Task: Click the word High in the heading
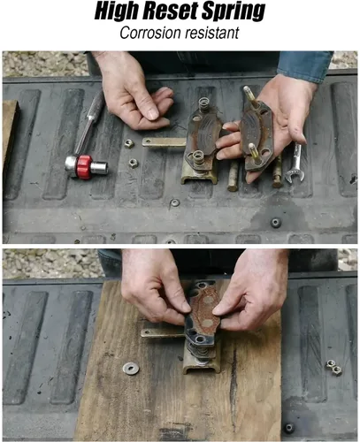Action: pos(118,11)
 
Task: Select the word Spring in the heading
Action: pos(234,11)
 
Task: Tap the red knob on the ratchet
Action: pos(85,167)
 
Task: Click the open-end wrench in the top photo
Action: pos(295,163)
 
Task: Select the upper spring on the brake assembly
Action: pos(204,104)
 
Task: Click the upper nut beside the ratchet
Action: pos(129,144)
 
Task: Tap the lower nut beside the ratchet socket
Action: pos(134,164)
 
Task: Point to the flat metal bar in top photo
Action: pos(165,142)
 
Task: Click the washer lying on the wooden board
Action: pos(131,369)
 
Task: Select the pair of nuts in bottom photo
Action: pos(333,368)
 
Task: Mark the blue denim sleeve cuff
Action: pos(304,67)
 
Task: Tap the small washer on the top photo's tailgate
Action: pos(174,202)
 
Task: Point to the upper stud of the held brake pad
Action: pos(249,94)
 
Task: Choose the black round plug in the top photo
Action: pos(276,223)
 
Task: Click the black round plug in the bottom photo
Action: pos(289,428)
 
